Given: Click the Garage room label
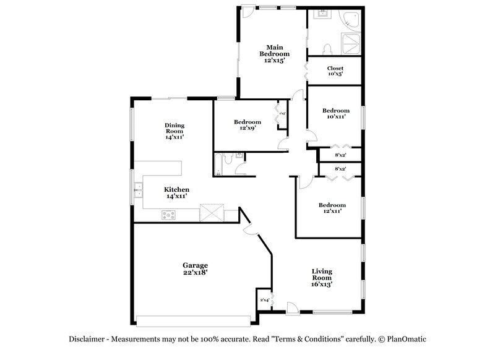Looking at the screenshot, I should pos(194,268).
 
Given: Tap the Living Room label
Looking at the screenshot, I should pos(322,275).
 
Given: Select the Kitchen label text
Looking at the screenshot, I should pos(176,192).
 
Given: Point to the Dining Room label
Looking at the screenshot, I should pos(174,131).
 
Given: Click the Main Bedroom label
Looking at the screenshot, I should pos(273,54).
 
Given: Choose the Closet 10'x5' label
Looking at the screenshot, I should pos(335,71).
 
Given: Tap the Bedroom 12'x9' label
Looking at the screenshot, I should pos(247,125).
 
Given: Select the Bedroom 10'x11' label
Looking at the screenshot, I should pos(335,113).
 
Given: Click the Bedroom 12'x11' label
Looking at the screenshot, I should pos(332,208).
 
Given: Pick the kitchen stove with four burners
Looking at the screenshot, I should pos(169,215).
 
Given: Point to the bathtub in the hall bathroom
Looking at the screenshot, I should pos(218,165).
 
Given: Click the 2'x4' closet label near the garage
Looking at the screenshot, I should pos(264,300).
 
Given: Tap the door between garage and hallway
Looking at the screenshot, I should pos(251,229).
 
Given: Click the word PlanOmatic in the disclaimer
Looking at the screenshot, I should pos(405,339).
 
